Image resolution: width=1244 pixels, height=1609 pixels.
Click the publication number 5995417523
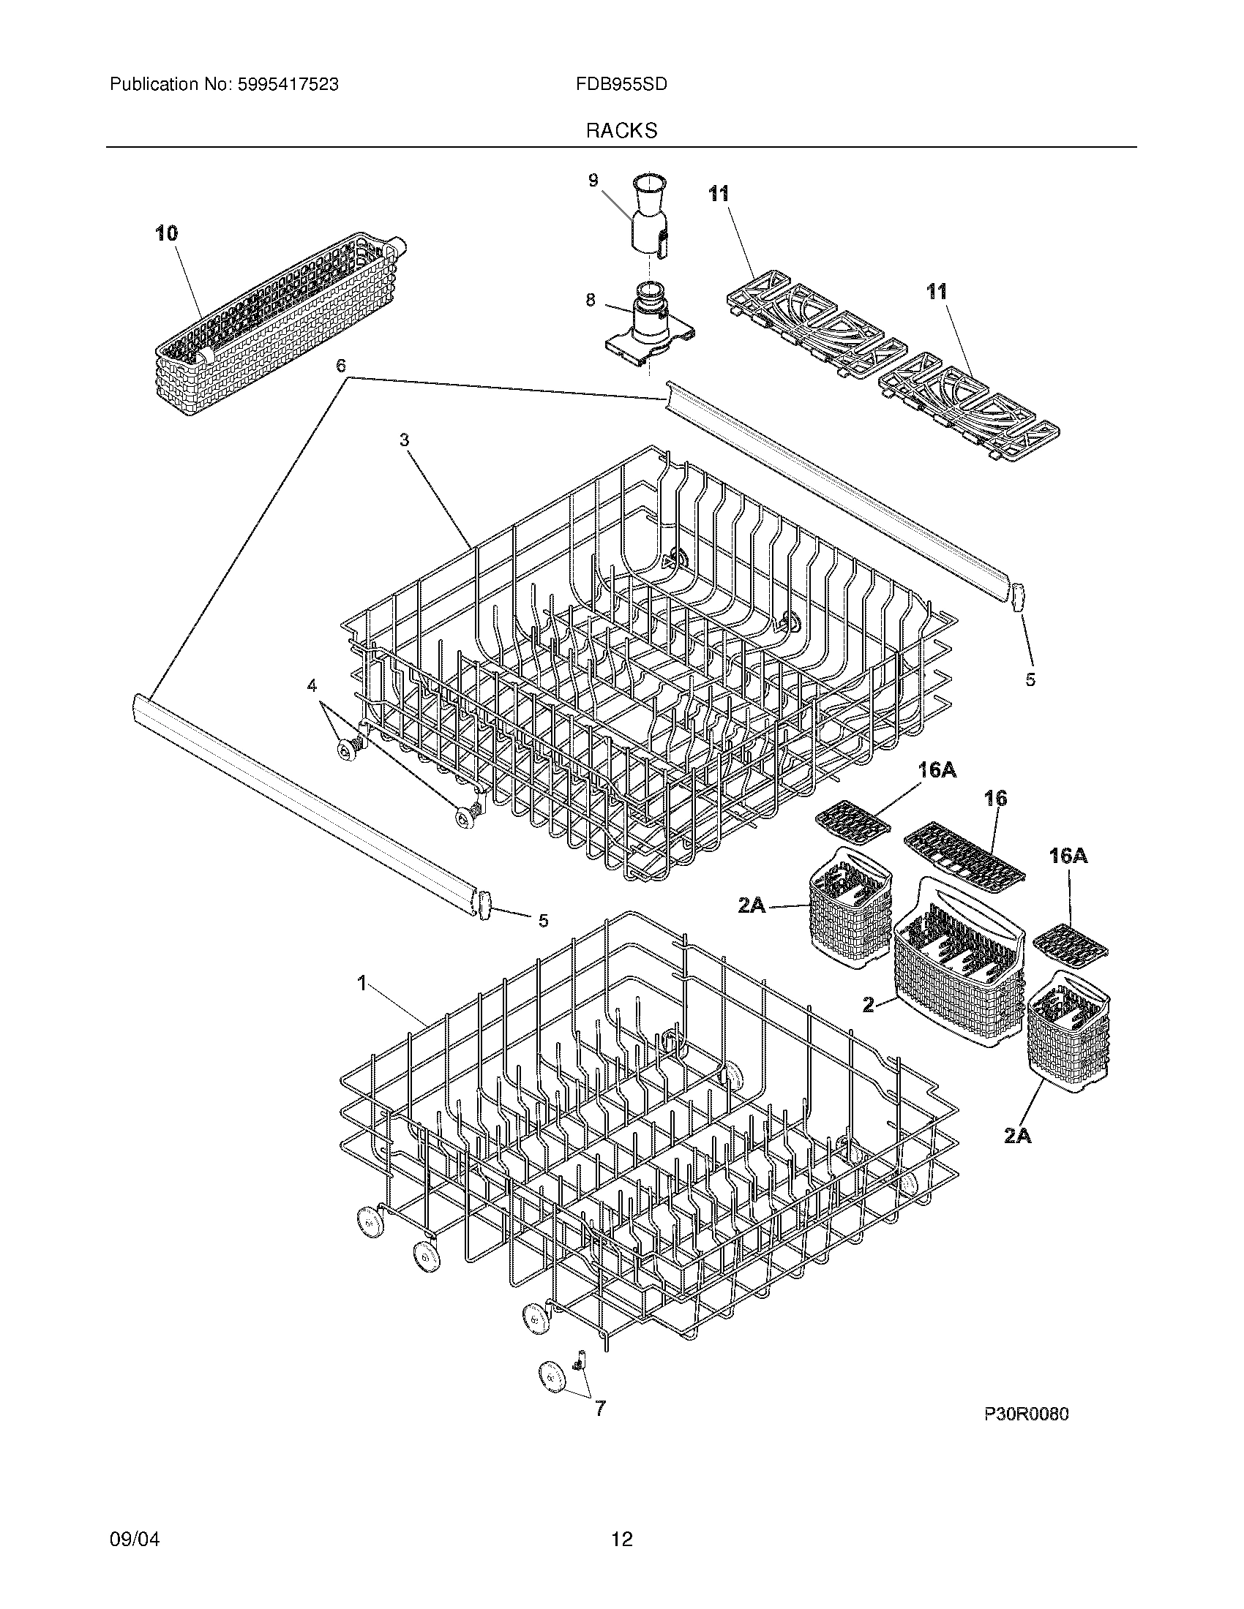point(288,85)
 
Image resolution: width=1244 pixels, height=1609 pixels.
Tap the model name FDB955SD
point(621,85)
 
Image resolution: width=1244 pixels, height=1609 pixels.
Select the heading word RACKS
point(621,131)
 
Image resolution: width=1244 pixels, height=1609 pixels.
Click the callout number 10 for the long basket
point(167,233)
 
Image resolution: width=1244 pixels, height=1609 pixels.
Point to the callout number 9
point(593,181)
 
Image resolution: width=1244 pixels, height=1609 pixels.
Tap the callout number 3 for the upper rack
point(405,440)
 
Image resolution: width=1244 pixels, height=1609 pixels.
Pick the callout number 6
point(340,366)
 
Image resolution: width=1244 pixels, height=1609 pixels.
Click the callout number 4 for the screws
point(312,685)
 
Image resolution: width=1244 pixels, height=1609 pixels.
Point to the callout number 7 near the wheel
point(600,1409)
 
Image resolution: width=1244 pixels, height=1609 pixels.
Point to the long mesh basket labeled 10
point(280,324)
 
